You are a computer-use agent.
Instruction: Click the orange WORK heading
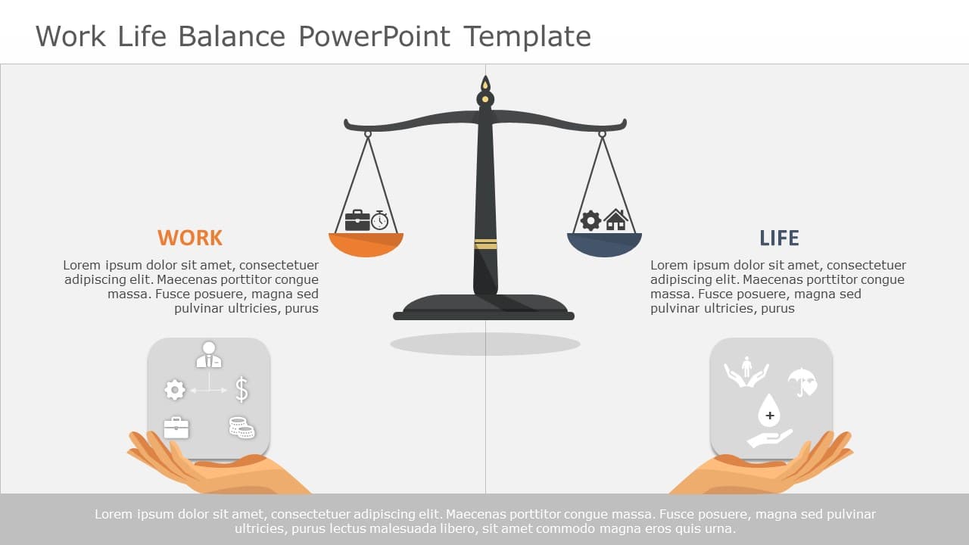190,238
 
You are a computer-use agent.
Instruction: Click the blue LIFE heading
779,238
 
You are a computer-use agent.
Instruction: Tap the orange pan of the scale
366,244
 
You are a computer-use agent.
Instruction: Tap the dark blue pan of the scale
604,244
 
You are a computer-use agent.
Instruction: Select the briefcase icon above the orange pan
357,220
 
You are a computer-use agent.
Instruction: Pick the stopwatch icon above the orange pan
380,220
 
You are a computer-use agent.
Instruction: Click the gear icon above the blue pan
590,220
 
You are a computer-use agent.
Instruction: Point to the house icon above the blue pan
615,220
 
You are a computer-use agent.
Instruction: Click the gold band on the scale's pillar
485,244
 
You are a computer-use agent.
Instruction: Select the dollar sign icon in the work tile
241,389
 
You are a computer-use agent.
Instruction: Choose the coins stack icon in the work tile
242,428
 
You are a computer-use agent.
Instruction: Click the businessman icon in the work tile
209,355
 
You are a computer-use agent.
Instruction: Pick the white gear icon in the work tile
175,390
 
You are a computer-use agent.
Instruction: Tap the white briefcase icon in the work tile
176,428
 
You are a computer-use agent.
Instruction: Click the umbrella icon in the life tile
801,381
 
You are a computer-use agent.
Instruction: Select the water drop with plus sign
769,410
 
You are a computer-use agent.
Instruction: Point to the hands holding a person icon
746,371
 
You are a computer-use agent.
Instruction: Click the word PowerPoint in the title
375,36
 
